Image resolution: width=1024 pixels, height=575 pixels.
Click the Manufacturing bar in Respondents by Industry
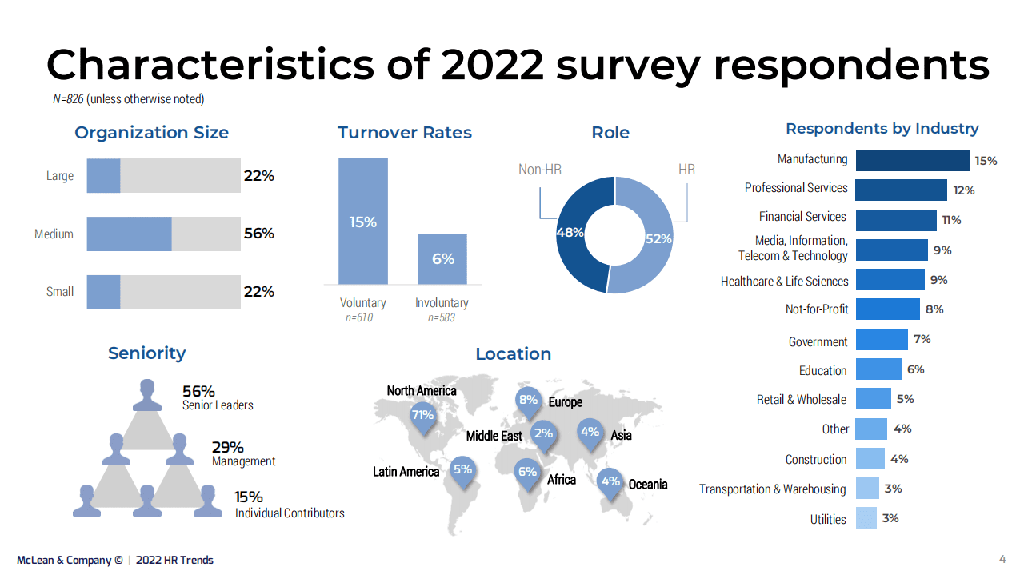(912, 160)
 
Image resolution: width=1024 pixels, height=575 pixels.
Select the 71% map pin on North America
(422, 416)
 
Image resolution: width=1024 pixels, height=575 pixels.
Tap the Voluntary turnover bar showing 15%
(363, 222)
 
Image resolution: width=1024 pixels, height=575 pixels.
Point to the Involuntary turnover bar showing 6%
(442, 259)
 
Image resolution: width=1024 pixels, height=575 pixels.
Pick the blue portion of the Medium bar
(129, 234)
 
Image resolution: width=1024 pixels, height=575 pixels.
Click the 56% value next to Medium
(258, 234)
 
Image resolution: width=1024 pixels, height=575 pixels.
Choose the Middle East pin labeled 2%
(543, 434)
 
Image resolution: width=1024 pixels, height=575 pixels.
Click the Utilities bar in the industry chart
(866, 518)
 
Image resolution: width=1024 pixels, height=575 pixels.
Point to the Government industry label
(818, 341)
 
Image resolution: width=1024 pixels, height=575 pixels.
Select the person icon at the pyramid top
(147, 394)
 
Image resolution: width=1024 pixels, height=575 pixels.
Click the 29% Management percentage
(227, 448)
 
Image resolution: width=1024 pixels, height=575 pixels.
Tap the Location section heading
(513, 353)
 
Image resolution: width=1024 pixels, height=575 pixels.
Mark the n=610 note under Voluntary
(359, 318)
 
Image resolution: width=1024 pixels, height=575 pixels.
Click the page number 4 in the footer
(1002, 558)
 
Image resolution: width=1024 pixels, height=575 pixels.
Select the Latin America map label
(406, 472)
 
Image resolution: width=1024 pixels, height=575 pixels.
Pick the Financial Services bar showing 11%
(896, 220)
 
